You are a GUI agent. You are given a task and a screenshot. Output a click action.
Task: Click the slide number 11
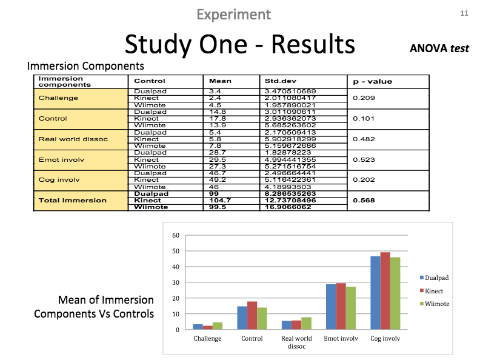pyautogui.click(x=465, y=13)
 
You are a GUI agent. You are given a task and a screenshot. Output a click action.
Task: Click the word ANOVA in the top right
pyautogui.click(x=428, y=48)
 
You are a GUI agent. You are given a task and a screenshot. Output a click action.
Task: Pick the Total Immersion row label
pyautogui.click(x=72, y=200)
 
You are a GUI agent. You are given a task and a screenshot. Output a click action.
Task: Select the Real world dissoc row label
pyautogui.click(x=73, y=139)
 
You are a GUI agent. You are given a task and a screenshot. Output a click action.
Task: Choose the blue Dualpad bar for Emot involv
pyautogui.click(x=331, y=307)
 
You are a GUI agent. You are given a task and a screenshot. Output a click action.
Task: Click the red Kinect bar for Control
pyautogui.click(x=252, y=316)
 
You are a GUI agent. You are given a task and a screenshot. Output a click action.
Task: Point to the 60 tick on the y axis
pyautogui.click(x=176, y=235)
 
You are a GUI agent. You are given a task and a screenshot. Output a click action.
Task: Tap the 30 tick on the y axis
pyautogui.click(x=176, y=282)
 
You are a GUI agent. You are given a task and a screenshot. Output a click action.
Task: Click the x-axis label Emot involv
pyautogui.click(x=341, y=339)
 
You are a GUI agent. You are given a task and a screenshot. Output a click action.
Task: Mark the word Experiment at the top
pyautogui.click(x=234, y=14)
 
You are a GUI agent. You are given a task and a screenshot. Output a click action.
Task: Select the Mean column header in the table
pyautogui.click(x=220, y=81)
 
